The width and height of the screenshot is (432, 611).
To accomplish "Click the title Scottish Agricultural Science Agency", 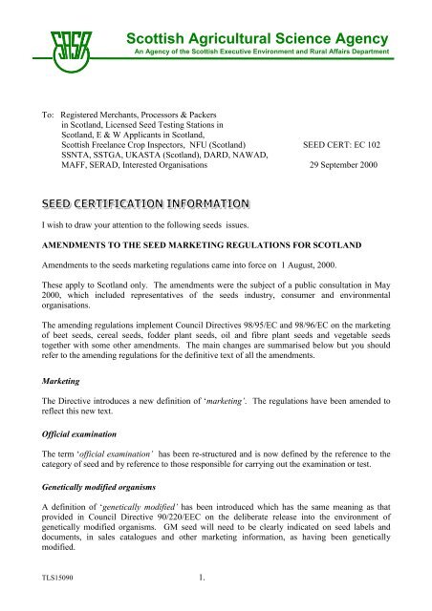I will pyautogui.click(x=257, y=38).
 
